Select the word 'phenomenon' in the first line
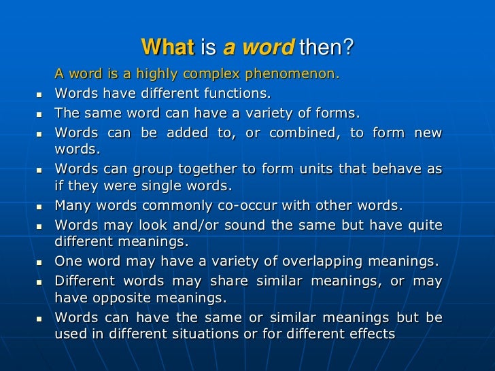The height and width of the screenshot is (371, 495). coord(296,74)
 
